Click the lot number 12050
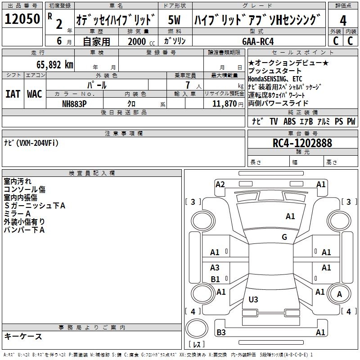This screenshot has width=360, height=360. [22, 19]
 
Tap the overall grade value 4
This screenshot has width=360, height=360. [343, 21]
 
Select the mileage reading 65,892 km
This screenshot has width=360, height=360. [55, 65]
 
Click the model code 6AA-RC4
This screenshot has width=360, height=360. [258, 41]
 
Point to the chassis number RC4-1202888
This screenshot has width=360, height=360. [302, 143]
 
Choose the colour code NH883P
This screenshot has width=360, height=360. [74, 104]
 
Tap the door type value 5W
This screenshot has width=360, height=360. [174, 20]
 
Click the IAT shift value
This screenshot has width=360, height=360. [13, 94]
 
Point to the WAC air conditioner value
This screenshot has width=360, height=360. [35, 94]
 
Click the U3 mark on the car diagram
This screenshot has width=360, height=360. [253, 299]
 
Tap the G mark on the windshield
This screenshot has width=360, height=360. [284, 237]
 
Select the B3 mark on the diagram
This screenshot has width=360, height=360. [221, 332]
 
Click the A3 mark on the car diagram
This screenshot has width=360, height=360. [215, 267]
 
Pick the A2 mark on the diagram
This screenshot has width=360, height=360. [220, 184]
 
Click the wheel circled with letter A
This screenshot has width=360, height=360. [339, 294]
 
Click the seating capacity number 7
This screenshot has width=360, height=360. [188, 85]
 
